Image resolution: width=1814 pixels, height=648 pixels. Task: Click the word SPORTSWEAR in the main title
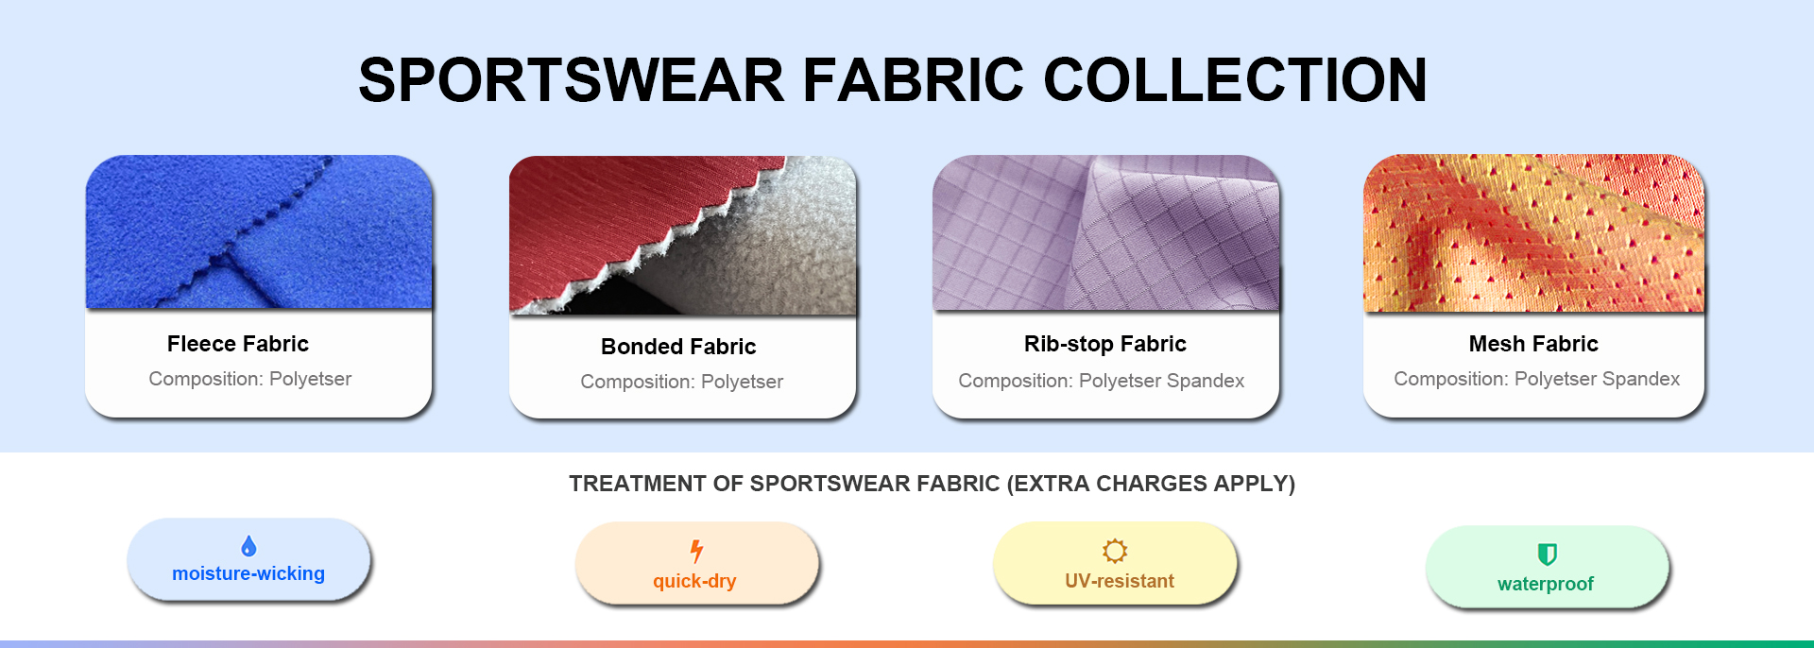[x=572, y=79]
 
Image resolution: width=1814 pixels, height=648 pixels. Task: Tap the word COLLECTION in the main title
[x=1235, y=79]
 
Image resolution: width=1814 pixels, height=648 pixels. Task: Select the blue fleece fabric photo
[x=259, y=232]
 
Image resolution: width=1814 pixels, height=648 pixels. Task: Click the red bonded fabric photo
[x=682, y=235]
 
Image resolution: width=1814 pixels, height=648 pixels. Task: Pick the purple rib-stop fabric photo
[x=1105, y=233]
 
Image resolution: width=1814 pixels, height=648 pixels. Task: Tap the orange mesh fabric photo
[x=1533, y=233]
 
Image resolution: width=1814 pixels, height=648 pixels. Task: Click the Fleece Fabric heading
[x=238, y=344]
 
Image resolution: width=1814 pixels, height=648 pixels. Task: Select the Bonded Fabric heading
[x=678, y=347]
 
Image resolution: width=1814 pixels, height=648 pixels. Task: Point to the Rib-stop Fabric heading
[x=1105, y=344]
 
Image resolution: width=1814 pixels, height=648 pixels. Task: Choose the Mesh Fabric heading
[x=1533, y=344]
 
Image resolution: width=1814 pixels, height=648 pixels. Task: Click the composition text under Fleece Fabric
[x=250, y=379]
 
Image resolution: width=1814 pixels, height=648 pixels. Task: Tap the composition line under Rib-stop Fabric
[x=1102, y=381]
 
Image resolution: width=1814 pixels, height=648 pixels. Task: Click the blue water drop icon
[x=248, y=546]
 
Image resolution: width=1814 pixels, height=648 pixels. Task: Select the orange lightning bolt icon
[x=696, y=551]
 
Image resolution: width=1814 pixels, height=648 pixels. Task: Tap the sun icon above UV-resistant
[x=1115, y=551]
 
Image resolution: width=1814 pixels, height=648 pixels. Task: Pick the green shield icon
[x=1547, y=554]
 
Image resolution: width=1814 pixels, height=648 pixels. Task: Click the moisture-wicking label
[x=248, y=573]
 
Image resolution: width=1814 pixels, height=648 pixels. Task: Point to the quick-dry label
[x=694, y=581]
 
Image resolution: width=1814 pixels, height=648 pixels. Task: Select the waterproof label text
[x=1546, y=584]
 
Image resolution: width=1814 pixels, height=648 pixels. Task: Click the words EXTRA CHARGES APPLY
[x=1151, y=484]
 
